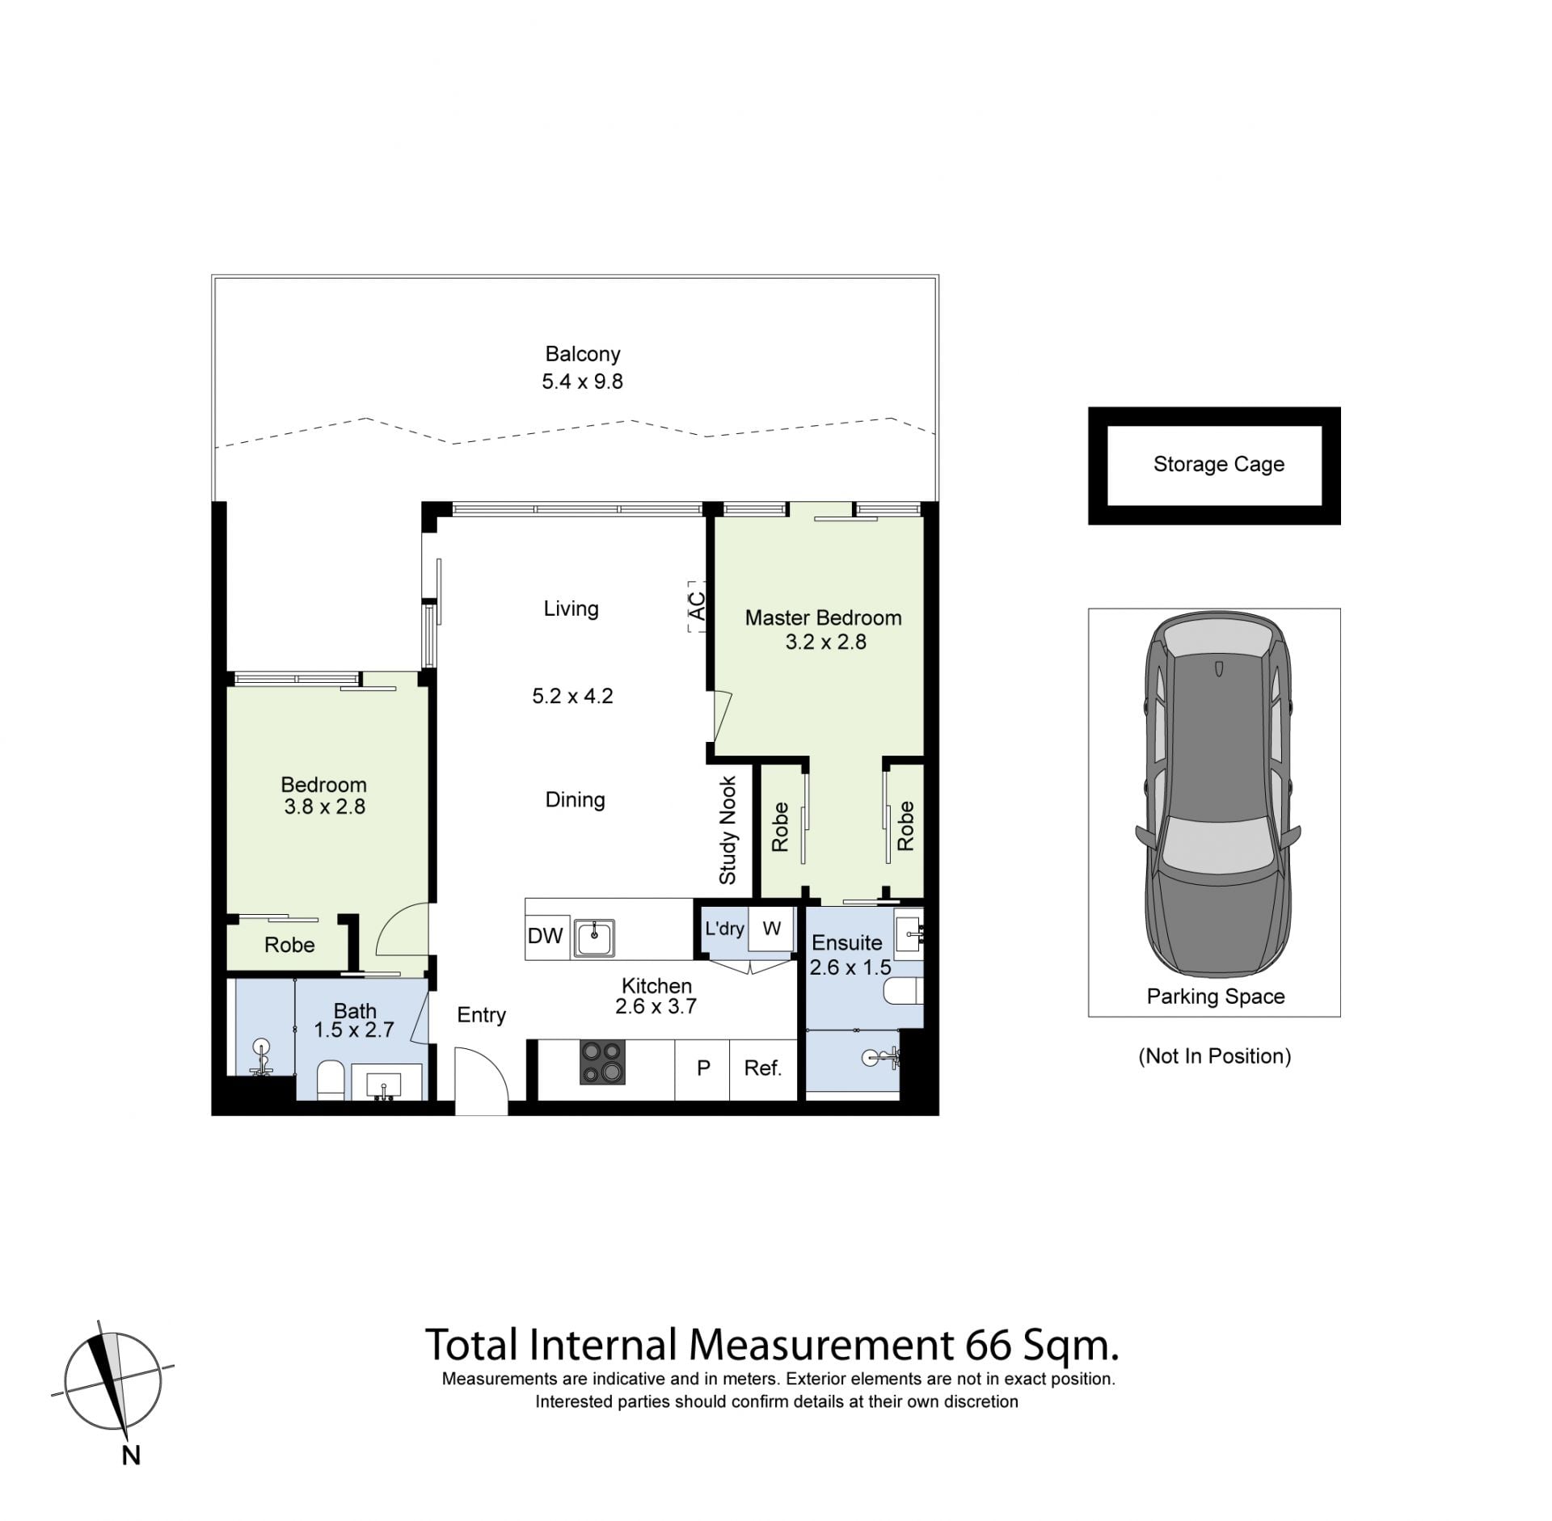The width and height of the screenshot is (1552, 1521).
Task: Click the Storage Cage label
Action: coord(1218,465)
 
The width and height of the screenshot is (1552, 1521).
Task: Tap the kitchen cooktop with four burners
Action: coord(602,1062)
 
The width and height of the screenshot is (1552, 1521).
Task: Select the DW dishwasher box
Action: coord(546,936)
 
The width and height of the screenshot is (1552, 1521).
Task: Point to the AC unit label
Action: coord(696,606)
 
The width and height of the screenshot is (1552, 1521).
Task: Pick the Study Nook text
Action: coord(727,831)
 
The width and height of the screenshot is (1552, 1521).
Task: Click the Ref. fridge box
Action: coord(763,1068)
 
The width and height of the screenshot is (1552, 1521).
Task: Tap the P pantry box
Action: coord(702,1068)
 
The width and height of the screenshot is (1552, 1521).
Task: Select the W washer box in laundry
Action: coord(771,929)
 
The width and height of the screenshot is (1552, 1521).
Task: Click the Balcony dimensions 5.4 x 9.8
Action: coord(582,381)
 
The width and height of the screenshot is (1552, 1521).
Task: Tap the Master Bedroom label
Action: coord(823,618)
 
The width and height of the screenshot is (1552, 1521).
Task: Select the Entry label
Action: coord(481,1015)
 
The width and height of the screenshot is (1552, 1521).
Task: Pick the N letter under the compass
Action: coord(131,1456)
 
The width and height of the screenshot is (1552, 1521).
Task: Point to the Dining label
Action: coord(575,800)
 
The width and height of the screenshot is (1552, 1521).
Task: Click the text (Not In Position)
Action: coord(1214,1056)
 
